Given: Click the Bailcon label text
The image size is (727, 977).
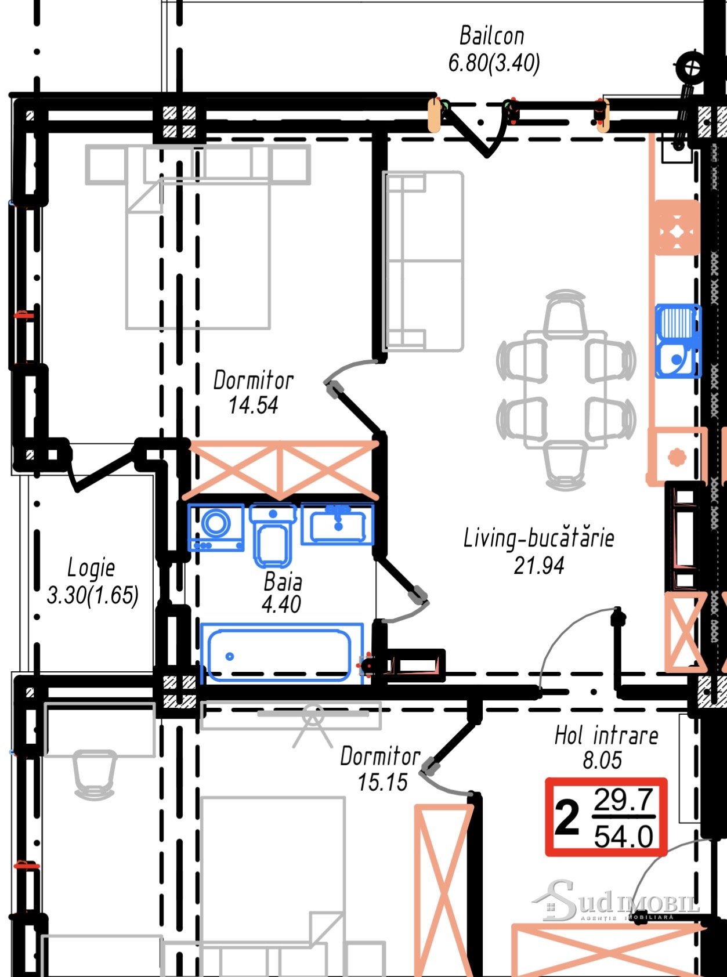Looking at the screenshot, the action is [x=491, y=35].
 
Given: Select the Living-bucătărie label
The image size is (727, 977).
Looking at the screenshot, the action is [x=538, y=538].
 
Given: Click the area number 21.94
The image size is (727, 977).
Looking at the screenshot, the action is [x=538, y=566].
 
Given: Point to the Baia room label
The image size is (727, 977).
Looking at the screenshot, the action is [x=283, y=582].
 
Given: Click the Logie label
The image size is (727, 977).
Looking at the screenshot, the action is [x=91, y=568].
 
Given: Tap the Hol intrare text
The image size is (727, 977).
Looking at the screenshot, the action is [x=606, y=736].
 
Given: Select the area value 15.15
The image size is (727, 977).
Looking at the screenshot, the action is [x=382, y=783].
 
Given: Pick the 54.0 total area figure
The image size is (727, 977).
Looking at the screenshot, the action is [x=624, y=837].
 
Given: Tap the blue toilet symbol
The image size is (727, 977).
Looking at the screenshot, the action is [x=273, y=535].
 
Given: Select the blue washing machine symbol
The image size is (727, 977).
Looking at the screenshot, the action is [x=216, y=527].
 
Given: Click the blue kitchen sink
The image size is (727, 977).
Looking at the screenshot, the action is [x=678, y=341].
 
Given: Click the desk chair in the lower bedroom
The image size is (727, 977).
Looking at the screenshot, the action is [x=95, y=774].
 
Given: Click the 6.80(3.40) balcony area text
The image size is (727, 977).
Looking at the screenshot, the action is [x=494, y=63].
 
